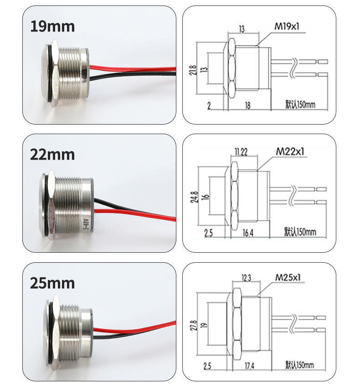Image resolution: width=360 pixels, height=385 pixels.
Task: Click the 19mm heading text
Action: pos(52,26)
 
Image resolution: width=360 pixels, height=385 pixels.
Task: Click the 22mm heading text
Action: pos(52,155)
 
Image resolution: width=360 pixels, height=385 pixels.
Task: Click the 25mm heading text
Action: pos(52,283)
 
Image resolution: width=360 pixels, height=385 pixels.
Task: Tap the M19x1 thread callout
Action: pos(287,26)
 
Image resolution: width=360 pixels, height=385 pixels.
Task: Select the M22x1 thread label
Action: pos(290,151)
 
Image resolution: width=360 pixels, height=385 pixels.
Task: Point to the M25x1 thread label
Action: pos(288,277)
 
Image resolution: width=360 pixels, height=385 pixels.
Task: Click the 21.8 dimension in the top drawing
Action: pos(193,70)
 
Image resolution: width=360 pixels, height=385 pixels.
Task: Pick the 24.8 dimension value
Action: pos(194,197)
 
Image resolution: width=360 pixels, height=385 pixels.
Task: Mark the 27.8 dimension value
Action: pos(194,325)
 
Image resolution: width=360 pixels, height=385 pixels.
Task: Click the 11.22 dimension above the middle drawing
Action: pos(241,152)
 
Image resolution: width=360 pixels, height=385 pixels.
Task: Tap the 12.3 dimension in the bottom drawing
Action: pos(247,278)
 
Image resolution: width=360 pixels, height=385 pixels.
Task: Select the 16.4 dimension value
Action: pos(248,233)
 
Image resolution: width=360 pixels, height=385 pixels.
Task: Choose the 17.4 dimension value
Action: pos(249,366)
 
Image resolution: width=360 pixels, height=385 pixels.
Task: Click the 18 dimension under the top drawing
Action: pos(248,105)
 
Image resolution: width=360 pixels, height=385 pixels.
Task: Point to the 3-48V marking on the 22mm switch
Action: pos(86,224)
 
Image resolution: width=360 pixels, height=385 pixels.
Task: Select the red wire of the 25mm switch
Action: pos(134,326)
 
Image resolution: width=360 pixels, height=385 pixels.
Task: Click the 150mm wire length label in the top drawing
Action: pos(300,104)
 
